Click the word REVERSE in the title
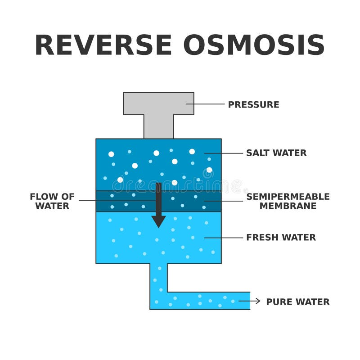point(103,45)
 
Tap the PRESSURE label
point(253,104)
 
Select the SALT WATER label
point(276,153)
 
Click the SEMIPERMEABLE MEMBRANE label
point(288,201)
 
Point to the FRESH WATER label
point(281,238)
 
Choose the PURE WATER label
point(297,301)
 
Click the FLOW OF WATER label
point(52,201)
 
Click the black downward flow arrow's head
point(158,221)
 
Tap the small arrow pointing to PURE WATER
point(250,301)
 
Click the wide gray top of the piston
point(158,103)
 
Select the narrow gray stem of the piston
point(158,127)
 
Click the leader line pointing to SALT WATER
point(224,153)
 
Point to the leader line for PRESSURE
point(205,104)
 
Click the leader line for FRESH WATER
point(224,238)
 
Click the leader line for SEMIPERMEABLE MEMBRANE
point(224,201)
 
